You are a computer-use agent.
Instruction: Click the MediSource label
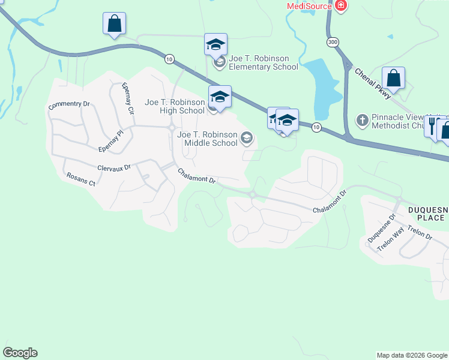(309, 6)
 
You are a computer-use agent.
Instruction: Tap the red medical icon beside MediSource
(341, 6)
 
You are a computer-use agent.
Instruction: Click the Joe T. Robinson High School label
(175, 106)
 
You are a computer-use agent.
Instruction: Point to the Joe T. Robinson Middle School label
(207, 139)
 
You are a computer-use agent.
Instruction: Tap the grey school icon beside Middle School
(246, 139)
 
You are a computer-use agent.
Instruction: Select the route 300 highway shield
(333, 43)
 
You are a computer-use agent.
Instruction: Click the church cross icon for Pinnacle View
(362, 120)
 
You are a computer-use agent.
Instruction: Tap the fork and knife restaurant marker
(432, 126)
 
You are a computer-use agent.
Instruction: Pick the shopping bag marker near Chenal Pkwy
(393, 78)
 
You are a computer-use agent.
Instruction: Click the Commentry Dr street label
(69, 104)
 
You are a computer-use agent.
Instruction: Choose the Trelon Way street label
(391, 241)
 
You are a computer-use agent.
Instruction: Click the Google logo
(20, 353)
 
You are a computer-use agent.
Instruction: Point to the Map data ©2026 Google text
(411, 355)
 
